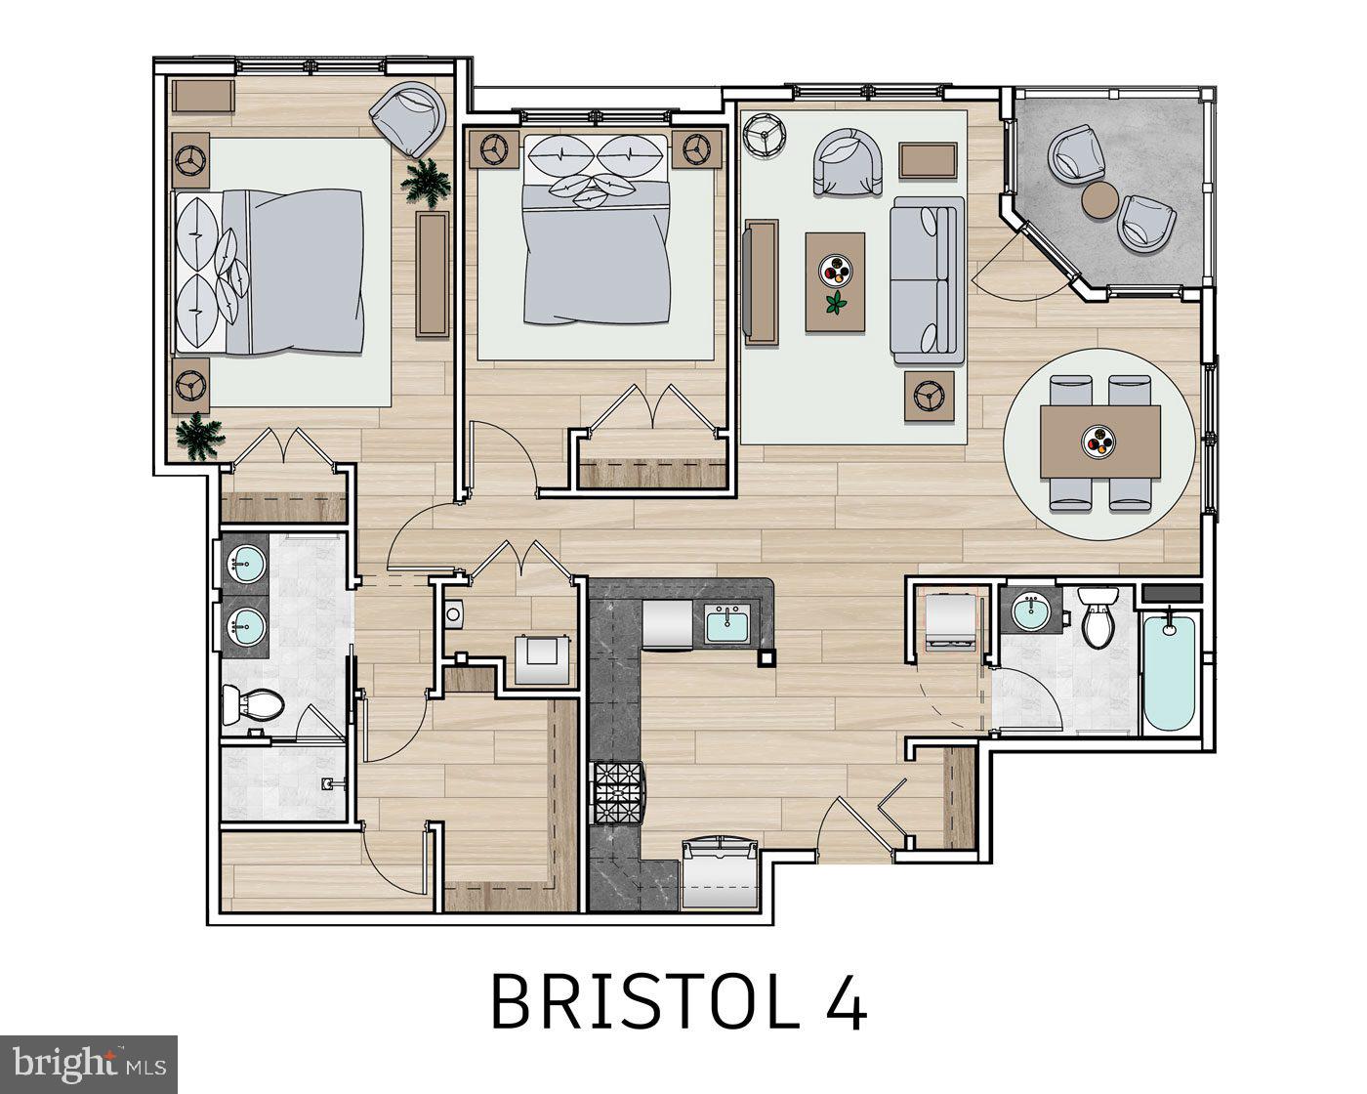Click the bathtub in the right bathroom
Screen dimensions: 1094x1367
pyautogui.click(x=1168, y=672)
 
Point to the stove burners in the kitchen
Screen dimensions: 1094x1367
pyautogui.click(x=617, y=791)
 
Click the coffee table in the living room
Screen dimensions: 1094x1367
pyautogui.click(x=835, y=281)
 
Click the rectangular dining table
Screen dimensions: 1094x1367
pyautogui.click(x=1098, y=442)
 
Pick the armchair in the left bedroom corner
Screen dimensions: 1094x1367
pyautogui.click(x=409, y=117)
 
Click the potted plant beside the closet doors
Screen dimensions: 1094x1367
pyautogui.click(x=198, y=435)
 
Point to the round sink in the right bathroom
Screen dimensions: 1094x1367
pyautogui.click(x=1030, y=612)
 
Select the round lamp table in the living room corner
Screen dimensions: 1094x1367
pyautogui.click(x=763, y=135)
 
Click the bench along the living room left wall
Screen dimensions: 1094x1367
pyautogui.click(x=761, y=281)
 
